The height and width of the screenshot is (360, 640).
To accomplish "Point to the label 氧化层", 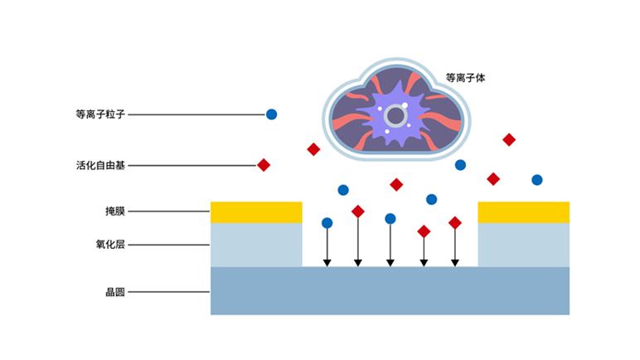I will click(x=109, y=245).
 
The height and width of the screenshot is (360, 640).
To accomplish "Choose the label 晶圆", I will click(x=114, y=292).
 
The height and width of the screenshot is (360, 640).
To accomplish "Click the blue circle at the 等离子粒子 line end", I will click(x=271, y=114).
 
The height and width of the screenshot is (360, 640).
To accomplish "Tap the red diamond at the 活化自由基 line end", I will click(x=264, y=165).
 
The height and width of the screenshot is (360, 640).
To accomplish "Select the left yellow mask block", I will click(x=256, y=212).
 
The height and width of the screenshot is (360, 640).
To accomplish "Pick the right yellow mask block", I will click(x=524, y=212).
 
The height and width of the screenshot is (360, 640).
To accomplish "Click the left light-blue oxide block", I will click(x=256, y=245).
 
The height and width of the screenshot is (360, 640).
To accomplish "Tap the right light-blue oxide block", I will click(x=524, y=245).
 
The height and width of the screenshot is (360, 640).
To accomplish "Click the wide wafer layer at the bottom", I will click(x=390, y=292).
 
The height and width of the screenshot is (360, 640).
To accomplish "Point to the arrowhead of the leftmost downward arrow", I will click(x=327, y=263).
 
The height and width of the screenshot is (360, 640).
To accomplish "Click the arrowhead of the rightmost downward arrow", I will click(x=455, y=263).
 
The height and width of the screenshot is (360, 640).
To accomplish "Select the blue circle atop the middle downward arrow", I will click(x=390, y=219).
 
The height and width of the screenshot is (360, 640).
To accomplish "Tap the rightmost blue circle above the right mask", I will click(x=537, y=180).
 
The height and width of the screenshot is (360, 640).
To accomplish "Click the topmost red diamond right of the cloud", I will click(x=509, y=139).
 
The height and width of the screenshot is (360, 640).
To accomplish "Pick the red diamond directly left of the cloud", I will click(x=313, y=149).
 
